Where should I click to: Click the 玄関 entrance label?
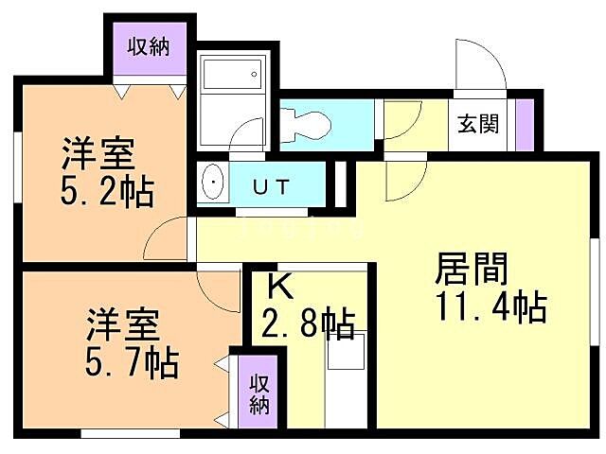(x=478, y=124)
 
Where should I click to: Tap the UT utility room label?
(x=272, y=186)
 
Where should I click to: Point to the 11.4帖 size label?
(x=490, y=307)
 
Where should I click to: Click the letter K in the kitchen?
(x=276, y=285)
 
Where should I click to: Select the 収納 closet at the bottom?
(x=259, y=393)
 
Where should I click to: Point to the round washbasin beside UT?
(x=215, y=184)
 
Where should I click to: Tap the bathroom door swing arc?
(x=249, y=134)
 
